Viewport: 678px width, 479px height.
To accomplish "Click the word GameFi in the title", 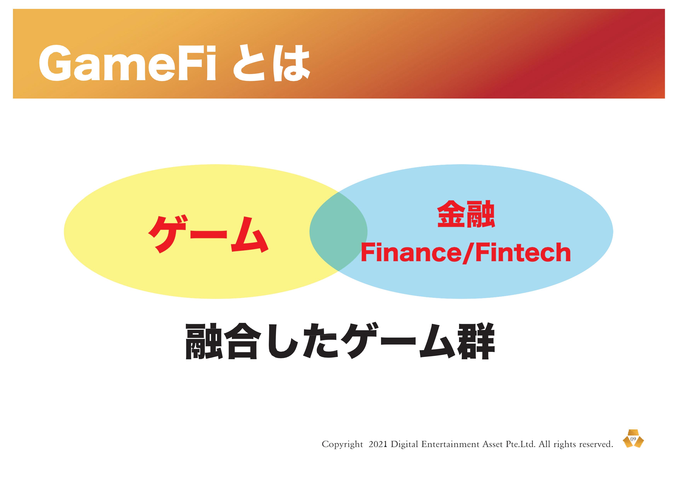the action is coord(128,63).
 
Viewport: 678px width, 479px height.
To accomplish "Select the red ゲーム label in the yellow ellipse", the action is coord(208,235).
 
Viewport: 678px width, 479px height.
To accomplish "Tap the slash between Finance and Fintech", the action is coord(468,253).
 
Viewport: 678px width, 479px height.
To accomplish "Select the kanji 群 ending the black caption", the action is coord(476,341).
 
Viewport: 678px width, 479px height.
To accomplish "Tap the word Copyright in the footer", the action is coord(342,444).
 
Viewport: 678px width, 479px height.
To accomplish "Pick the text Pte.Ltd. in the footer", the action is coord(520,444).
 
